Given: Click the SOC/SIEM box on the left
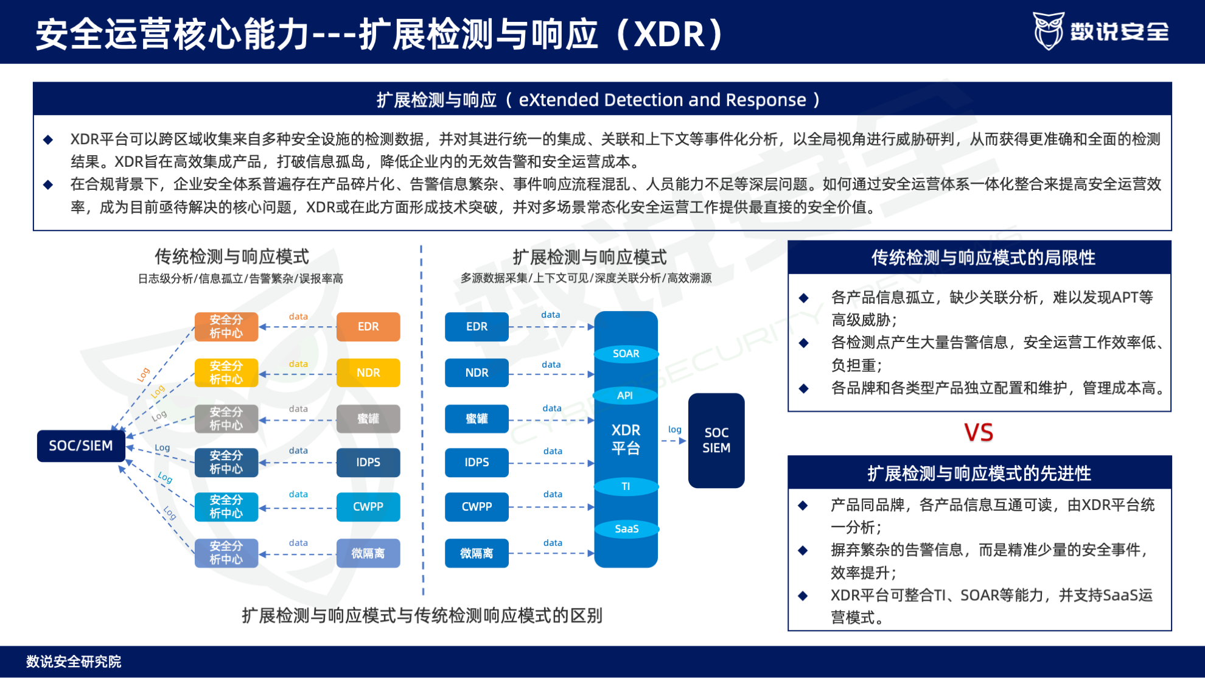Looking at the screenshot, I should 81,446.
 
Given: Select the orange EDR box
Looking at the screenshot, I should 368,327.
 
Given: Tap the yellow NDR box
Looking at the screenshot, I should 368,372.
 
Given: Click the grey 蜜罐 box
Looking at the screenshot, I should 368,419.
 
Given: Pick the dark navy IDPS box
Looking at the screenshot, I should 368,463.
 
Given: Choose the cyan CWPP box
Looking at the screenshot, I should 368,506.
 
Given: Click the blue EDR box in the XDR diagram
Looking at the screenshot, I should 477,327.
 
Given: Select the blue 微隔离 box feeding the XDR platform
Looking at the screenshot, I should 477,553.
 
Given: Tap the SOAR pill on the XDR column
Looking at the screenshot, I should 626,354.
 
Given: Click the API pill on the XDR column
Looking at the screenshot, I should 625,396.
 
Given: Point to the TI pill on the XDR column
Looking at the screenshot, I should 626,486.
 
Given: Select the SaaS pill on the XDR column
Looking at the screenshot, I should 626,528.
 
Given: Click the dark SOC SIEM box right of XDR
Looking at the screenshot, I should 716,440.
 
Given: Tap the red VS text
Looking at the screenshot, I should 979,433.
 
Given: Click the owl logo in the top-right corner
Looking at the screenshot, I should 1049,30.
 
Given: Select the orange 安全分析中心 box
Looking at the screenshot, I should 226,327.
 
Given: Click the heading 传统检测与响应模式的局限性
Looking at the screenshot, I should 983,257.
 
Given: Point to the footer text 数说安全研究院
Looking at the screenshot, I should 74,662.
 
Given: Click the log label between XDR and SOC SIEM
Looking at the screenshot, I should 674,430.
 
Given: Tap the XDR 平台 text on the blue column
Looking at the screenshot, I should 626,439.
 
